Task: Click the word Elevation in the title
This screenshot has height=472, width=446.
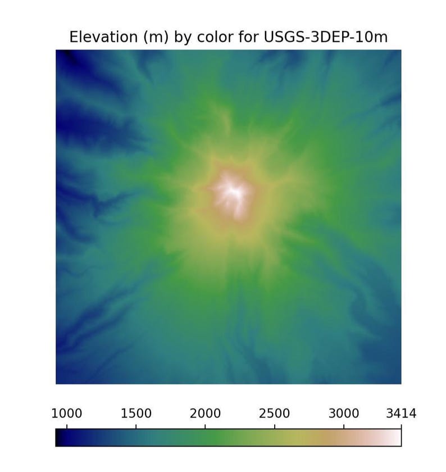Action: click(103, 37)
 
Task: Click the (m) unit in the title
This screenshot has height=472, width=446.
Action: click(156, 37)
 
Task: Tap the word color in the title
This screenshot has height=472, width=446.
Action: click(215, 37)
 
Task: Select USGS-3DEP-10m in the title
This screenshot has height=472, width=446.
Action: click(326, 37)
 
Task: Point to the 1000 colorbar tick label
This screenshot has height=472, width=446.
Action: click(66, 414)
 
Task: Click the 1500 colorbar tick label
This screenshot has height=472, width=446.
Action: click(136, 414)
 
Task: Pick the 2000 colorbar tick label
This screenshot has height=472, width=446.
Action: click(205, 414)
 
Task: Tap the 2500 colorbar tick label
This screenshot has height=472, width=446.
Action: click(275, 414)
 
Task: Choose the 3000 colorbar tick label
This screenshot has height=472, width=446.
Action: click(344, 414)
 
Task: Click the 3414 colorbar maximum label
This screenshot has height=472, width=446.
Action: click(401, 414)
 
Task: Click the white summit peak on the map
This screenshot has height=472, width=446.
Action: click(233, 190)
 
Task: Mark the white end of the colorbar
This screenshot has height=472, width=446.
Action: click(398, 437)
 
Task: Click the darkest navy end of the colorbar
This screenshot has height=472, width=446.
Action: click(59, 437)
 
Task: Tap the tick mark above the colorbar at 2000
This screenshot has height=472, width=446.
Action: click(205, 426)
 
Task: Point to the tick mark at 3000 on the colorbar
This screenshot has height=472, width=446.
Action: click(344, 426)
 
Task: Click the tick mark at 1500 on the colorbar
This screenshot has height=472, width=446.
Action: click(136, 426)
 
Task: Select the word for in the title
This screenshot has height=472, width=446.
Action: click(249, 37)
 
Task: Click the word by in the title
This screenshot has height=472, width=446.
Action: click(183, 37)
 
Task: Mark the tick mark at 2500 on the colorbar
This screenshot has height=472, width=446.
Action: click(275, 426)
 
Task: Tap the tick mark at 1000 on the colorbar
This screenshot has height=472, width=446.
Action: click(66, 426)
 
